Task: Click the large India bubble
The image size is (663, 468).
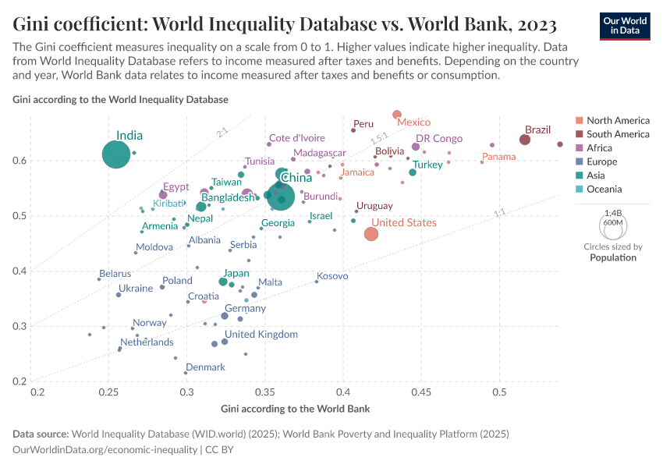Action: (x=115, y=154)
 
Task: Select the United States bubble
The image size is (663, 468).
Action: (x=371, y=234)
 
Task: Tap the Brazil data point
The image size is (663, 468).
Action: (x=525, y=140)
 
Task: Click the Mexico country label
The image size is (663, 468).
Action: (x=413, y=122)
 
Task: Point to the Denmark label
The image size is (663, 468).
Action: (x=205, y=367)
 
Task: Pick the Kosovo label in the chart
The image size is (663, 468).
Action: (x=332, y=276)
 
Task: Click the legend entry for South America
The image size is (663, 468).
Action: (x=618, y=134)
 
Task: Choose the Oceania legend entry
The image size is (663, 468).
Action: (x=604, y=189)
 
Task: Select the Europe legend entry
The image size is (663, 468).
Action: (x=601, y=161)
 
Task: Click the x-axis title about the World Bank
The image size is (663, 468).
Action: (x=295, y=409)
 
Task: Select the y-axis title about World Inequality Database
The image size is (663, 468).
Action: (x=121, y=100)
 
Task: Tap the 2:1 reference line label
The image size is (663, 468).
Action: (x=222, y=133)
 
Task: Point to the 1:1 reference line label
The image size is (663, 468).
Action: (x=499, y=212)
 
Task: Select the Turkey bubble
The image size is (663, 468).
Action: (x=413, y=172)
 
